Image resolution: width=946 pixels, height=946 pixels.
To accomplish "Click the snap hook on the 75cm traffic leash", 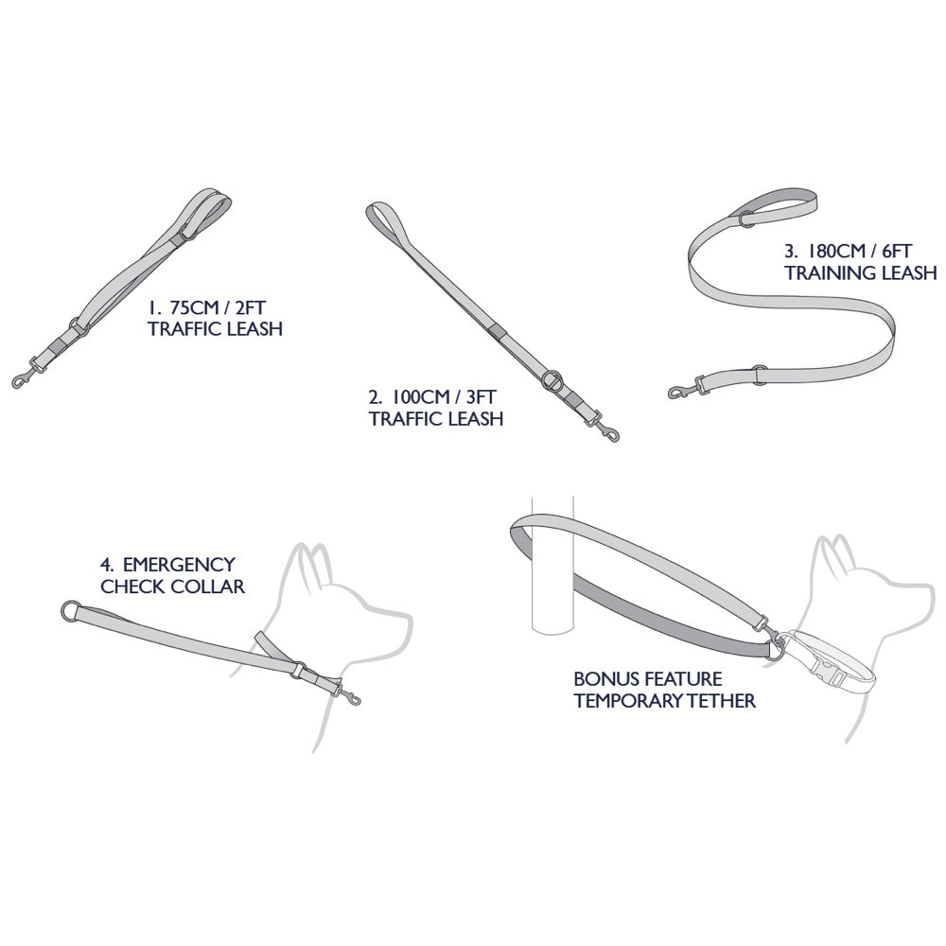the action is pos(26,374).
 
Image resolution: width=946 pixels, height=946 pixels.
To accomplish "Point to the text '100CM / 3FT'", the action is pos(444,397).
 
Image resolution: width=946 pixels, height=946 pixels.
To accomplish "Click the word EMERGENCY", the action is pos(179,565).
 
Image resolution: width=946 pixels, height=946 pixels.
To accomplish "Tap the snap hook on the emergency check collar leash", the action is pos(347,693).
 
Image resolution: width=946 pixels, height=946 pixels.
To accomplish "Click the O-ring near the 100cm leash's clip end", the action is pos(552,380).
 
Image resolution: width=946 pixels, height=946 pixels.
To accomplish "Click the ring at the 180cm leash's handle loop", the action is pos(746,217).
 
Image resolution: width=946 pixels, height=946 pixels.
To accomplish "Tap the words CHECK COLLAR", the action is pos(172,587).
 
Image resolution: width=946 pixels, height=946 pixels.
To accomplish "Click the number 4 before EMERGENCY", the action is pos(106,565).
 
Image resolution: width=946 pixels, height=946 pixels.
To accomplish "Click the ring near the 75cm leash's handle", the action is pos(187,231).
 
